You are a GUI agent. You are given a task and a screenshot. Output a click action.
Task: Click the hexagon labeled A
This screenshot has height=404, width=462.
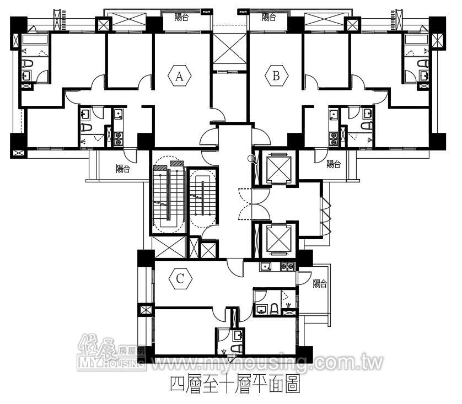(x=179, y=76)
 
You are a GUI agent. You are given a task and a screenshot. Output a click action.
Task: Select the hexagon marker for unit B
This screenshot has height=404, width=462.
(x=276, y=76)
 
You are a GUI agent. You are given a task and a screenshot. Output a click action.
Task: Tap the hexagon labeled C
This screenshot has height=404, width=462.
(x=181, y=278)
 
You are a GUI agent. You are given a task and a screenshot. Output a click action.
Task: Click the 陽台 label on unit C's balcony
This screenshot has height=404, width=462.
(x=320, y=284)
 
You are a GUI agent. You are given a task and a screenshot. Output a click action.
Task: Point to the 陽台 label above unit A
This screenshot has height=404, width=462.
(x=181, y=17)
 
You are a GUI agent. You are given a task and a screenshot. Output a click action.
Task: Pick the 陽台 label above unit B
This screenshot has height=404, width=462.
(x=269, y=17)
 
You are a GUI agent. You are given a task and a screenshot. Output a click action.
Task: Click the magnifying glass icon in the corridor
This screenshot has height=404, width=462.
(x=252, y=159)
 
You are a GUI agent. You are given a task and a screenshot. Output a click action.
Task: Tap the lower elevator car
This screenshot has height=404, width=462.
(x=278, y=239)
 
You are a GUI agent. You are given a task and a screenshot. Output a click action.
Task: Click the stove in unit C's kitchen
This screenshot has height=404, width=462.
(x=287, y=267)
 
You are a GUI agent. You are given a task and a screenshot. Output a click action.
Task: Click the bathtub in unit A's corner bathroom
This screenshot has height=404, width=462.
(x=35, y=40)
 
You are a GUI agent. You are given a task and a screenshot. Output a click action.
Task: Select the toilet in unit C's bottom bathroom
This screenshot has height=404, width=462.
(x=237, y=348)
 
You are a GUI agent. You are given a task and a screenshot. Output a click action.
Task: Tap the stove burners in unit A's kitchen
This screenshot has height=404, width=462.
(x=119, y=138)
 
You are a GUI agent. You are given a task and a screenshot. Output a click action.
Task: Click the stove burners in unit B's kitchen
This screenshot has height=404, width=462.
(x=334, y=138)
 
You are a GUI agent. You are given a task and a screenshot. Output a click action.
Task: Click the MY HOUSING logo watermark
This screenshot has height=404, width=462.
(x=111, y=353)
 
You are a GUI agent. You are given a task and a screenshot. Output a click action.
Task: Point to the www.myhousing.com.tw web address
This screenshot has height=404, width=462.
(x=267, y=363)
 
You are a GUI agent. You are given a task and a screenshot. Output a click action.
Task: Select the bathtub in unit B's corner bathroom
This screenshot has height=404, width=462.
(x=417, y=40)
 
